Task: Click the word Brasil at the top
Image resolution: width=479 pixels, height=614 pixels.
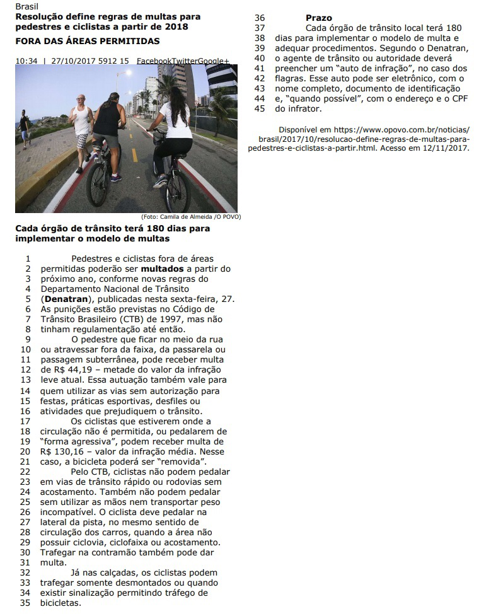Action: tap(26, 7)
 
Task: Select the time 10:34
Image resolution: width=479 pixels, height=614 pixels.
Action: tap(26, 61)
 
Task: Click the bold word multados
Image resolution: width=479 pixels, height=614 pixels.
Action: tap(158, 269)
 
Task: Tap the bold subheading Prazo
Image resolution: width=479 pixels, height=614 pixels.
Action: tap(319, 18)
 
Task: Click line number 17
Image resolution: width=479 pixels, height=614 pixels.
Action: tap(26, 421)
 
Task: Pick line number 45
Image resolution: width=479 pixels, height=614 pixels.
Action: tap(260, 108)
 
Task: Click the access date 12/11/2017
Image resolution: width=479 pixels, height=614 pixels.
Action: tap(447, 148)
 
